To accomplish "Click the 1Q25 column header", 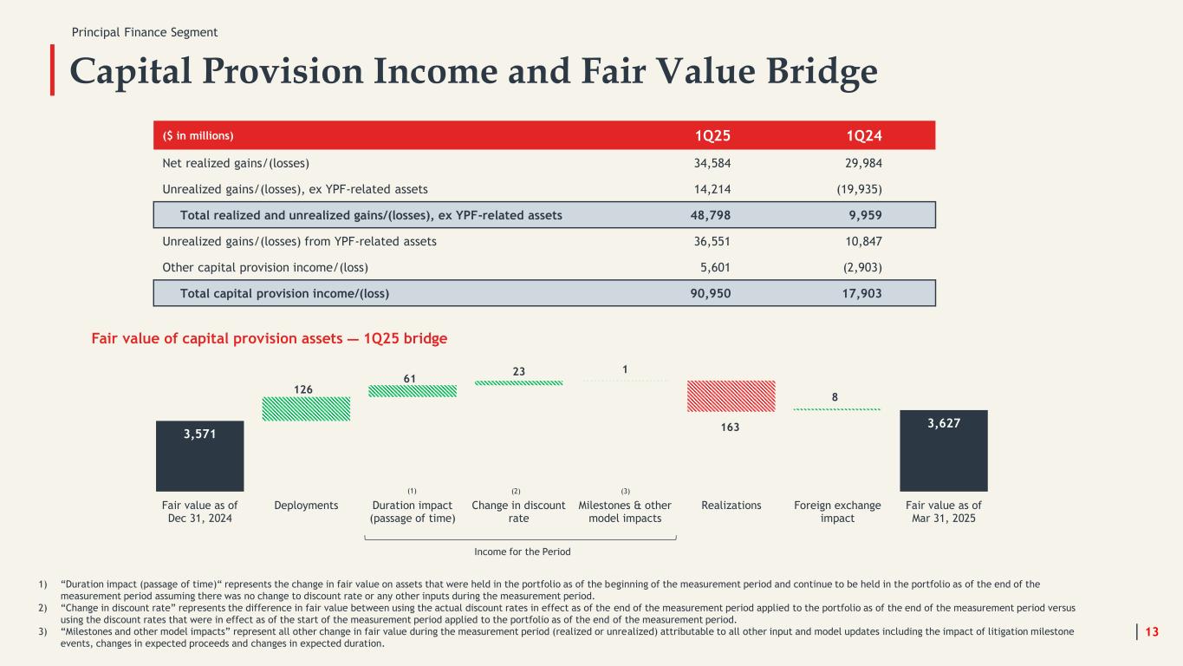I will coord(713,135).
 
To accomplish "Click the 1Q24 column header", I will coord(865,135).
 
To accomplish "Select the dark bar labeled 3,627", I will coord(943,451).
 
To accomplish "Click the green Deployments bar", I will coord(306,409).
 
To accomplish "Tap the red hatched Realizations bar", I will coord(731,396).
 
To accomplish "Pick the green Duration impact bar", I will coord(413,391).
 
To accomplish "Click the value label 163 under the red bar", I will coord(731,427).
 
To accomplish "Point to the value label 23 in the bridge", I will coord(518,370).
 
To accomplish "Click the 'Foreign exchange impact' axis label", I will coord(837,512).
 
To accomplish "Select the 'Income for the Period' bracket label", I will coord(522,551).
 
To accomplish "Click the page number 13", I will coord(1152,631).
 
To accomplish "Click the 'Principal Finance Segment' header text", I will coord(145,32).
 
